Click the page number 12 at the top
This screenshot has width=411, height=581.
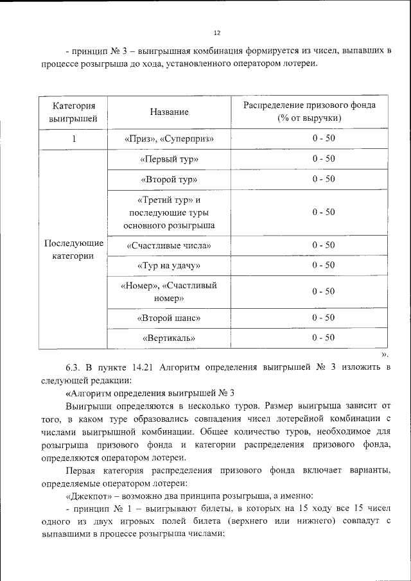(x=217, y=33)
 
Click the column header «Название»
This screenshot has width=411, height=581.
(x=170, y=112)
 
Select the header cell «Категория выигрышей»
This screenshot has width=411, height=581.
(x=73, y=112)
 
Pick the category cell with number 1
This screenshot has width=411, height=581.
(x=73, y=139)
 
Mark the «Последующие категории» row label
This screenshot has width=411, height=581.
(x=73, y=250)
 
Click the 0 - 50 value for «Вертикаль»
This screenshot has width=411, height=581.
(x=324, y=337)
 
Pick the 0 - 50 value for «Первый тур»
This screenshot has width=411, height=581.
(x=324, y=158)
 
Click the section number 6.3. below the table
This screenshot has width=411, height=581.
(x=72, y=368)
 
